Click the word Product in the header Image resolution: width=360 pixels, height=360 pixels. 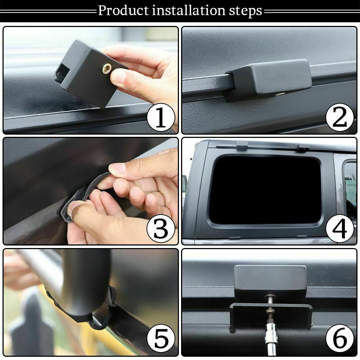click(x=123, y=10)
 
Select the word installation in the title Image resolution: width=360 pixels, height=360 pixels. click(x=189, y=10)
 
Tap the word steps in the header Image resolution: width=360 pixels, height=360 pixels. click(x=246, y=12)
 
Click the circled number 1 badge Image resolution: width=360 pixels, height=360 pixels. click(x=161, y=117)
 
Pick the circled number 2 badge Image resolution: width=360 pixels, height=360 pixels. click(x=339, y=117)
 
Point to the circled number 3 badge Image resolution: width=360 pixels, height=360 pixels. click(x=161, y=229)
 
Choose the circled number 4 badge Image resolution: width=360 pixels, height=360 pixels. click(x=339, y=229)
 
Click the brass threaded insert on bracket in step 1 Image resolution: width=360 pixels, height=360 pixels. click(x=107, y=68)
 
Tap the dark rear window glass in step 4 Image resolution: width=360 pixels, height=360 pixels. click(x=265, y=190)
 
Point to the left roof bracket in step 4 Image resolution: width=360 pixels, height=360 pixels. click(x=242, y=145)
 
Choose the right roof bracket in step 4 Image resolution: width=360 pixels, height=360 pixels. click(x=303, y=147)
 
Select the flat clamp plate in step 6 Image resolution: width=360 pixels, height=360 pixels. click(x=271, y=315)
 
